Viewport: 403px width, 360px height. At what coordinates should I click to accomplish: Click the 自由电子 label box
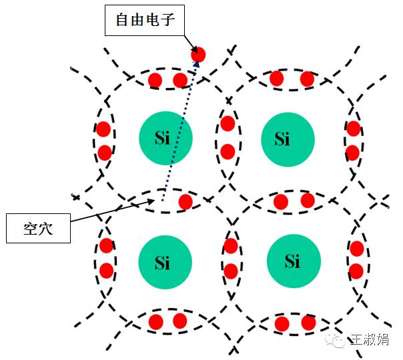point(145,21)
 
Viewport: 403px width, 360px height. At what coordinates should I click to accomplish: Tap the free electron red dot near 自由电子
point(198,55)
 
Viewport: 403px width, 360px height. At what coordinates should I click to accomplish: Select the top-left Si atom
point(166,139)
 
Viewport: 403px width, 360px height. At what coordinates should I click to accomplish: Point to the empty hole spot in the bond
point(161,201)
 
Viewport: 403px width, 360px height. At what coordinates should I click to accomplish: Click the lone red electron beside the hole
point(185,201)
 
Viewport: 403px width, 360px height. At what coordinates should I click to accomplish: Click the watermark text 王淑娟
point(370,341)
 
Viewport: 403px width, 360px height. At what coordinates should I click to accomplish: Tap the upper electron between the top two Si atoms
point(228,124)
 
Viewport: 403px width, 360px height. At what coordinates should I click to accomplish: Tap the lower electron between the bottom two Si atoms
point(231,271)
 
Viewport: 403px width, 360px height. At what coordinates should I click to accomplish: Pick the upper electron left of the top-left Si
point(103,129)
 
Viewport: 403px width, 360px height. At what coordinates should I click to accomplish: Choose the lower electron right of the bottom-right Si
point(356,271)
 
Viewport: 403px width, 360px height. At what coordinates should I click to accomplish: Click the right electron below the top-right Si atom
point(308,200)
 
